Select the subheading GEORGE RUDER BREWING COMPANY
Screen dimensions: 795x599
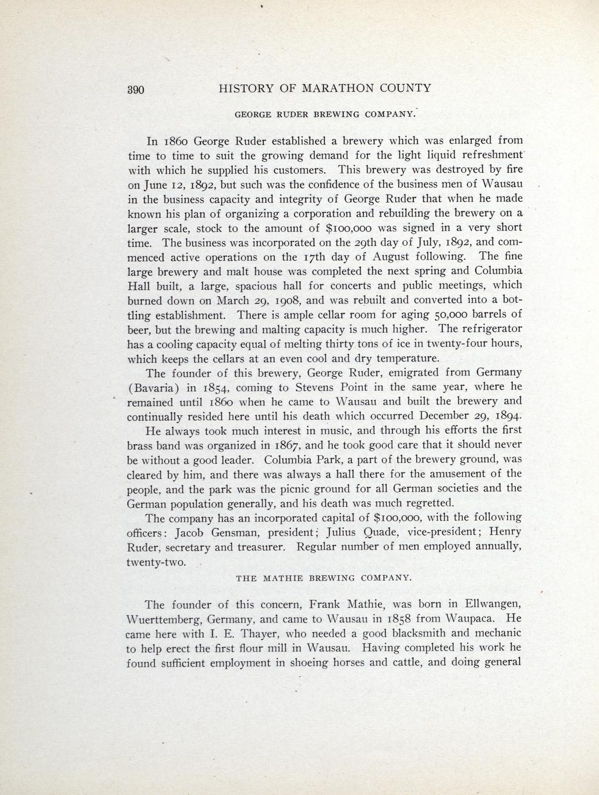tap(324, 114)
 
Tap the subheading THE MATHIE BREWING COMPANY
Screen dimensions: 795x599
tap(324, 577)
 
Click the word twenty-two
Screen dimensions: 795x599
tap(156, 561)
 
